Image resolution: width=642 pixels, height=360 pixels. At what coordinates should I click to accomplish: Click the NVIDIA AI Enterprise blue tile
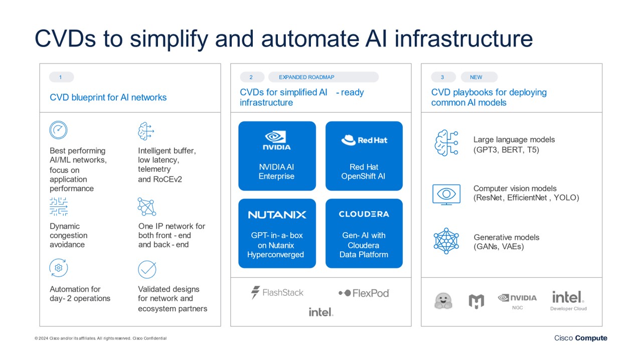(277, 156)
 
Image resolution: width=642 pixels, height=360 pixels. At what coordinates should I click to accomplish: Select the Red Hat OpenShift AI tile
(364, 156)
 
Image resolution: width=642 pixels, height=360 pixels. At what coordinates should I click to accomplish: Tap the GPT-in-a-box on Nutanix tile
(277, 233)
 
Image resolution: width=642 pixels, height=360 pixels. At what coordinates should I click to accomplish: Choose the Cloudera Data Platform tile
(364, 233)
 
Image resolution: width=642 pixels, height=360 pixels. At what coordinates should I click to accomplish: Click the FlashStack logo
(277, 292)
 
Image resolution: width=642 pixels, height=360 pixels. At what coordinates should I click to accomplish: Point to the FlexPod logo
(364, 293)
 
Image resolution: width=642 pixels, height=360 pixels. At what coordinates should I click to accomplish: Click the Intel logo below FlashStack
(320, 312)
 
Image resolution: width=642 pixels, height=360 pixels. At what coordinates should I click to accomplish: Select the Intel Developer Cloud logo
(568, 300)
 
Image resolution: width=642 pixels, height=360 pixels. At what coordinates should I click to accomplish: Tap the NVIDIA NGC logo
(517, 300)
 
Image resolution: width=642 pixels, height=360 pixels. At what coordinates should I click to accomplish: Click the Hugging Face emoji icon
(443, 301)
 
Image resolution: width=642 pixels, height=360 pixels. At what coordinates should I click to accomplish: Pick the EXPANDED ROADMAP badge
(323, 77)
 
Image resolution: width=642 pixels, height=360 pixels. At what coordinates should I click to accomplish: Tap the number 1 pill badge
(61, 77)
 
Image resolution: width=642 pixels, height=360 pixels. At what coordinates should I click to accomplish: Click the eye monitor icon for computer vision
(446, 194)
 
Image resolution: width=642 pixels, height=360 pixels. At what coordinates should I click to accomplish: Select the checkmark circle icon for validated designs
(147, 269)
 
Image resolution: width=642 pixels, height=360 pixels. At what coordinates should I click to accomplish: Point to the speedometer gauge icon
(58, 130)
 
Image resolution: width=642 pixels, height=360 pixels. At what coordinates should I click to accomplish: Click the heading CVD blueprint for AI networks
(108, 97)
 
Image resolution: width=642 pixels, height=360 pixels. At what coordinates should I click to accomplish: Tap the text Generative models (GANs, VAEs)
(506, 242)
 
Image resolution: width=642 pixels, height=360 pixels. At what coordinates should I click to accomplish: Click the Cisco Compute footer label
(580, 338)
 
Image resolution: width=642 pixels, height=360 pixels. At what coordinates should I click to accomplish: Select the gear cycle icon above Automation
(58, 268)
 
